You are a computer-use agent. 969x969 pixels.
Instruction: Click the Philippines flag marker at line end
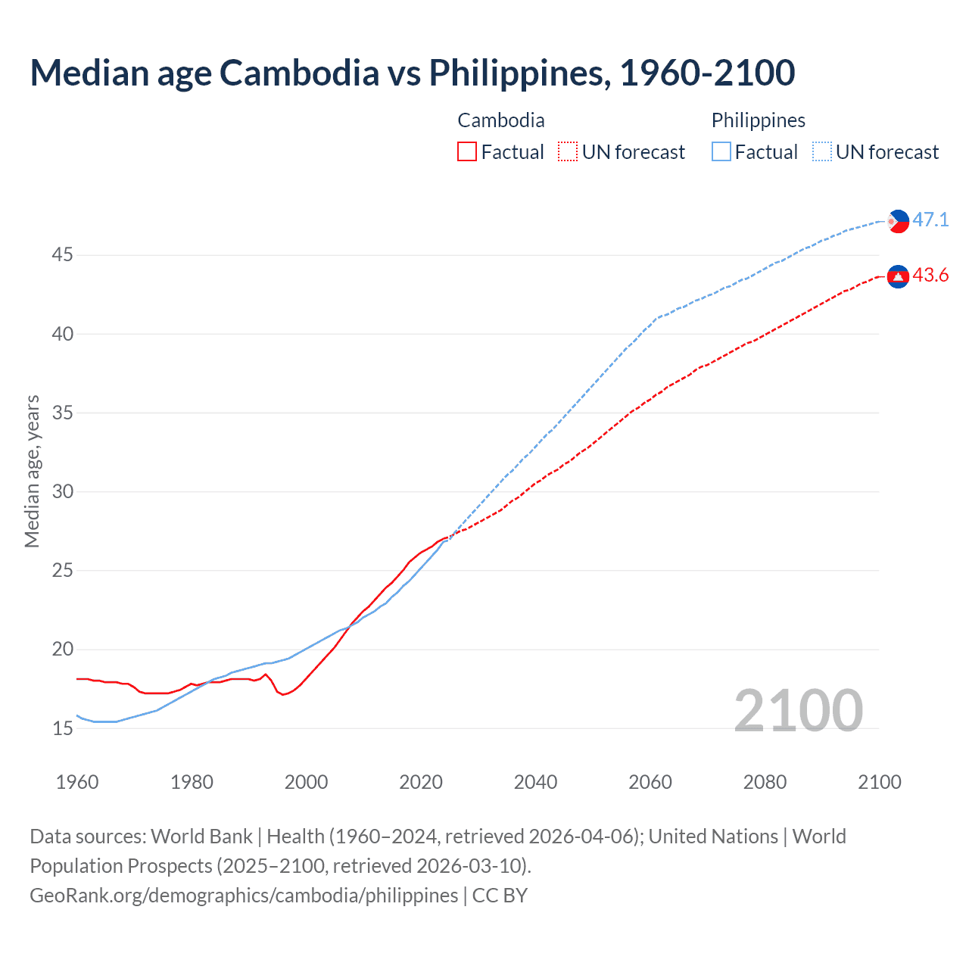pos(898,221)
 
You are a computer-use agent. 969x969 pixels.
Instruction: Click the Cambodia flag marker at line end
pos(898,277)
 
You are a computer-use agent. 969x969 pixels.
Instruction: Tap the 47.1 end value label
pos(930,220)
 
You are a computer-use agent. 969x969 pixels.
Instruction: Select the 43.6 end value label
pos(930,276)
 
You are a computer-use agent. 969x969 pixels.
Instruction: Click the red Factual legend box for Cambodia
pos(467,152)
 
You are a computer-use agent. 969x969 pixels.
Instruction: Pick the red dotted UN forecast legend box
pos(568,152)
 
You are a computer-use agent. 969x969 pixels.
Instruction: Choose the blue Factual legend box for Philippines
pos(721,152)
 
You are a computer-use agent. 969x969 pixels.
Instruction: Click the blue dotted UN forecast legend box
pos(822,152)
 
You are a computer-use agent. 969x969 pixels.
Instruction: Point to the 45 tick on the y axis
pos(62,255)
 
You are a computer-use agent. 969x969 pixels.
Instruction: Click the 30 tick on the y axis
pos(62,492)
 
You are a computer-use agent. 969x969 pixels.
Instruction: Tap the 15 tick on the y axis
pos(62,728)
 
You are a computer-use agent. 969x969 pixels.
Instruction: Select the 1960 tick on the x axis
pos(77,782)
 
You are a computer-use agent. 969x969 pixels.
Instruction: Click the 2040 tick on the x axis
pos(535,782)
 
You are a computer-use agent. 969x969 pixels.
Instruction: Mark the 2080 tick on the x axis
pos(765,782)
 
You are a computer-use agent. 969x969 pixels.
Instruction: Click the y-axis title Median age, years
pos(32,471)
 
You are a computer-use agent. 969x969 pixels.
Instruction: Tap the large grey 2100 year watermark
pos(798,710)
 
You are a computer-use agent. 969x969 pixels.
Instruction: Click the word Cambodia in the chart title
pos(299,73)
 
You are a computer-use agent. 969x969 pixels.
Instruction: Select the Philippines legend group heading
pos(758,120)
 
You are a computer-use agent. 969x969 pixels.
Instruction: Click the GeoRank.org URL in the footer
pos(244,896)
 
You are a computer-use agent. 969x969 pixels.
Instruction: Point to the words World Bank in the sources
pos(201,837)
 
